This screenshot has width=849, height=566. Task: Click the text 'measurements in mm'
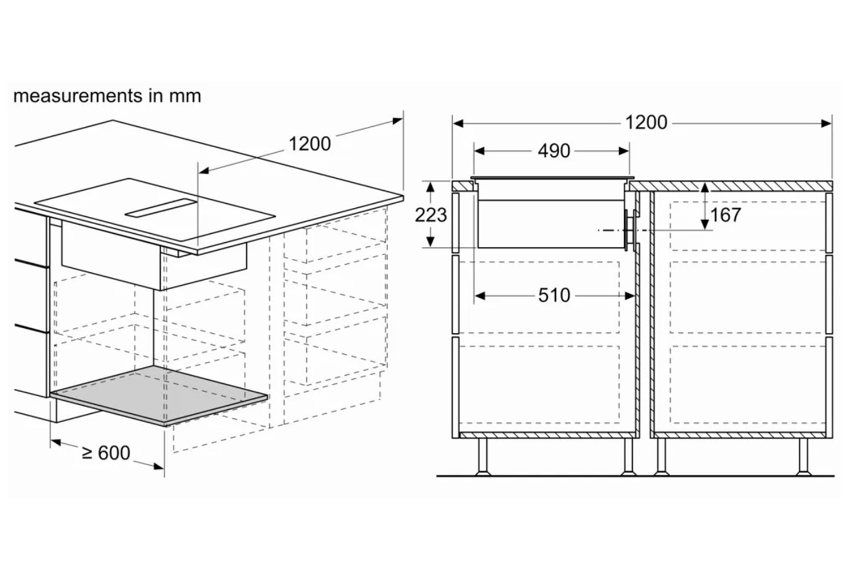(x=107, y=96)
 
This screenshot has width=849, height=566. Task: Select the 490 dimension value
(x=554, y=151)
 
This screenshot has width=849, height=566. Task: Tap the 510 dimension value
(x=554, y=295)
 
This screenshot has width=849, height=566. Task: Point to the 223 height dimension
(x=431, y=215)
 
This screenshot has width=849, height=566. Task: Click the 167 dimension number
(x=726, y=215)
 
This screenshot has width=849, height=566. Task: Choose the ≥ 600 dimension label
(x=106, y=453)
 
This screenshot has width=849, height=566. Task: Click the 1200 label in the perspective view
(x=310, y=144)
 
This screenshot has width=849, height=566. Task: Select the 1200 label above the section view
(x=646, y=123)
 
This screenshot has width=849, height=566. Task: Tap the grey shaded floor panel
(x=159, y=395)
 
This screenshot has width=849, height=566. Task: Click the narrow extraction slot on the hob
(x=162, y=208)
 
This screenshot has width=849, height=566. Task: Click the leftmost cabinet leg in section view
(x=483, y=456)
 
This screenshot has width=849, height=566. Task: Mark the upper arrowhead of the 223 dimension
(x=430, y=187)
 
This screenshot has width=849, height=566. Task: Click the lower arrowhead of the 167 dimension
(x=705, y=225)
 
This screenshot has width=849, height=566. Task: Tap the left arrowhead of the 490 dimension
(x=479, y=151)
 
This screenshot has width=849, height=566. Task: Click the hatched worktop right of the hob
(x=731, y=186)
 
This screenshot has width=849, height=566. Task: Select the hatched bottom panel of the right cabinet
(x=738, y=435)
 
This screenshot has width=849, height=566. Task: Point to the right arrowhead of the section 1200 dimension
(x=826, y=123)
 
